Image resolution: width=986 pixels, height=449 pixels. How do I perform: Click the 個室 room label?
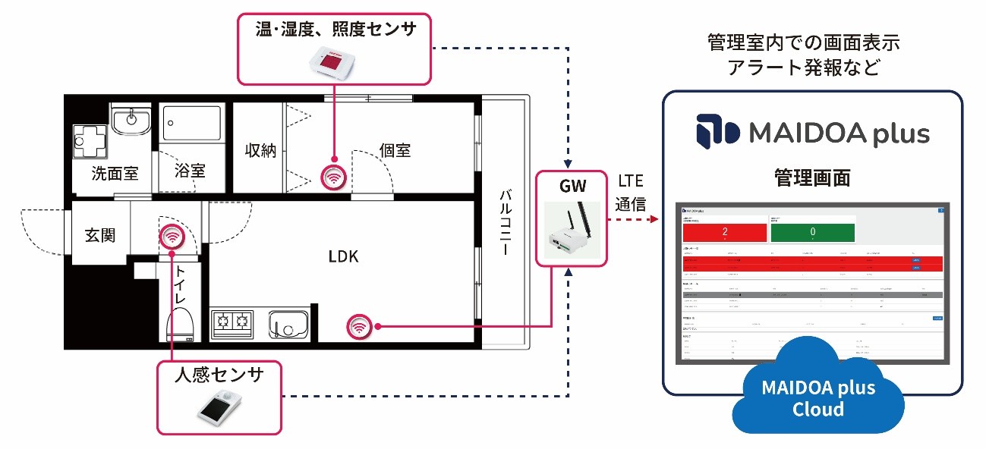(x=395, y=149)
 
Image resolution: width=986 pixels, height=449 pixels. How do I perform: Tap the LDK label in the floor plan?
(x=343, y=256)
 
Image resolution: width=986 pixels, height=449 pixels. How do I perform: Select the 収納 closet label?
(x=260, y=150)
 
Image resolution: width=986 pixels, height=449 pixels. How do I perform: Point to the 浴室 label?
(x=189, y=170)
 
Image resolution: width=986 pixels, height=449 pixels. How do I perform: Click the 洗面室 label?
(x=115, y=173)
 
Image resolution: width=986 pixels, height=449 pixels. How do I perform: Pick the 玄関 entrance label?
(x=99, y=234)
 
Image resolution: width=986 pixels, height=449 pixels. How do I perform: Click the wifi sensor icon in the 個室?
(x=332, y=177)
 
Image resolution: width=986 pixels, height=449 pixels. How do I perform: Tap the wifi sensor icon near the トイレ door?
(x=172, y=238)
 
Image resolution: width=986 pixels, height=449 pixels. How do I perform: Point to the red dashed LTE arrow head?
(x=654, y=220)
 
